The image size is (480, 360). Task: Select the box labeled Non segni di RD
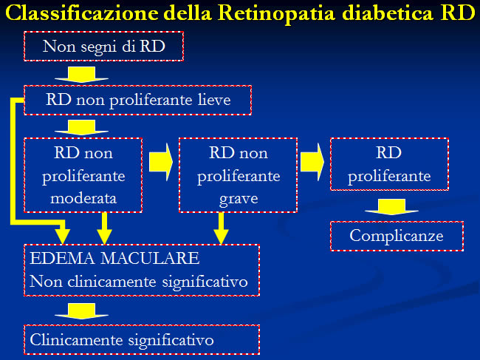pyautogui.click(x=104, y=47)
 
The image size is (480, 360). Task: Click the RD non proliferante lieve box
pyautogui.click(x=138, y=101)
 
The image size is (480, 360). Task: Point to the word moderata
pyautogui.click(x=83, y=198)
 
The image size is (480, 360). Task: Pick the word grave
pyautogui.click(x=239, y=199)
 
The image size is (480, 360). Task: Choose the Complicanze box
pyautogui.click(x=397, y=237)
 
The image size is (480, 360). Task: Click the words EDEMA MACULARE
pyautogui.click(x=114, y=258)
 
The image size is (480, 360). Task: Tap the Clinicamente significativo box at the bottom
pyautogui.click(x=142, y=340)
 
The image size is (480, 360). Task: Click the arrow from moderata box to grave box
pyautogui.click(x=161, y=162)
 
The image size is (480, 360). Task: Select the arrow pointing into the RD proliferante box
pyautogui.click(x=312, y=162)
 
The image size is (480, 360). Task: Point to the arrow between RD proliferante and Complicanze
pyautogui.click(x=392, y=207)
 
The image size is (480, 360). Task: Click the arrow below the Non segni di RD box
pyautogui.click(x=81, y=75)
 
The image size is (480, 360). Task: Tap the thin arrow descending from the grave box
pyautogui.click(x=221, y=228)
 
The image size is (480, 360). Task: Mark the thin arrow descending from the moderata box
pyautogui.click(x=104, y=228)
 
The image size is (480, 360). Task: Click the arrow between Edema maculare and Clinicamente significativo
pyautogui.click(x=81, y=311)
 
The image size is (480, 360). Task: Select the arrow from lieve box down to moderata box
pyautogui.click(x=81, y=127)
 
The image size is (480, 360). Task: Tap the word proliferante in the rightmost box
pyautogui.click(x=389, y=176)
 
